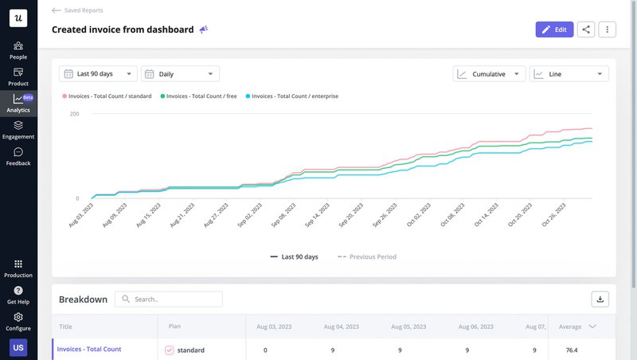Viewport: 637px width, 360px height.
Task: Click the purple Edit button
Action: (x=554, y=29)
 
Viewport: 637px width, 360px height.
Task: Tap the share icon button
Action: (x=586, y=29)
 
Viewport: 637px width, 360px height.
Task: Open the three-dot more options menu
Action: (x=607, y=29)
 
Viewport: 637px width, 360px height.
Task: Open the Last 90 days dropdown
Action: (x=98, y=74)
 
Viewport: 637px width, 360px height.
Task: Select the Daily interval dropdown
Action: (x=180, y=74)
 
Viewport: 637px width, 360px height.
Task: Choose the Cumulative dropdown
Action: (x=489, y=74)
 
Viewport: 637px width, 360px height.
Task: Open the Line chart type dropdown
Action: (x=569, y=74)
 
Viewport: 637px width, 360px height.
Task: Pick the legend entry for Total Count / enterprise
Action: (x=292, y=96)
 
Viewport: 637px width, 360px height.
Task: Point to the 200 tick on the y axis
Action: (x=74, y=115)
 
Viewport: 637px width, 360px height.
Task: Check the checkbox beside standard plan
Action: (x=169, y=350)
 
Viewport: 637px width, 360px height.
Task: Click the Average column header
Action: (x=570, y=327)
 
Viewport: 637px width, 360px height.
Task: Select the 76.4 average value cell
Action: (x=571, y=350)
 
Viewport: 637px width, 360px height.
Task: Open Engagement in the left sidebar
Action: (x=18, y=130)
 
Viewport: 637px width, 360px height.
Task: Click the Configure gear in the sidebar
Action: (x=18, y=321)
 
